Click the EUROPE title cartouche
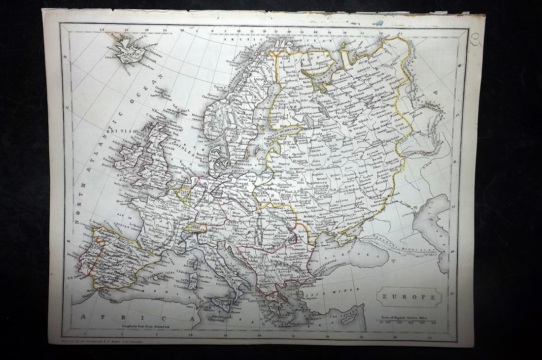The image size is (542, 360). pyautogui.click(x=409, y=297)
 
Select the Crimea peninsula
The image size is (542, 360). pyautogui.click(x=345, y=240)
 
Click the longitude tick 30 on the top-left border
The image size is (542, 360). pyautogui.click(x=102, y=30)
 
